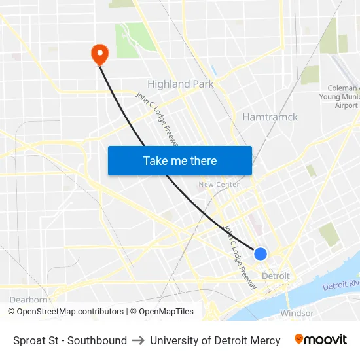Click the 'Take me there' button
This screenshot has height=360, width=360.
[x=180, y=160]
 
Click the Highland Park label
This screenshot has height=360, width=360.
[x=180, y=84]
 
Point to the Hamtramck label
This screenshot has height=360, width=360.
[x=270, y=117]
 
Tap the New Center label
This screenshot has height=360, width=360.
[x=219, y=185]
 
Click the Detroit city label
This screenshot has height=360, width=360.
[x=276, y=276]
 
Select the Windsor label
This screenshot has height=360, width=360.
[x=297, y=313]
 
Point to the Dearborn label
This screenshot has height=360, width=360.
[x=29, y=300]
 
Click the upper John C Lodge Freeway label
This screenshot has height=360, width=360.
[x=156, y=118]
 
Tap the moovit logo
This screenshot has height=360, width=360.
[x=321, y=340]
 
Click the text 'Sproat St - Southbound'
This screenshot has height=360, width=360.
[x=70, y=340]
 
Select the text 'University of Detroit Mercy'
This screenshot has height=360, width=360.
[x=215, y=340]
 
